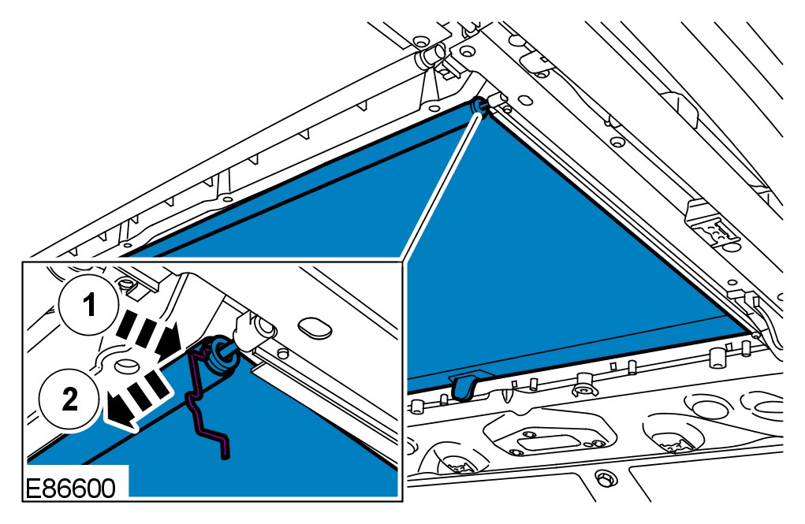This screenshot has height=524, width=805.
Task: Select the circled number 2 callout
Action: tap(70, 400)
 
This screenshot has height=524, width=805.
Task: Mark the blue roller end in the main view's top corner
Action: tap(478, 106)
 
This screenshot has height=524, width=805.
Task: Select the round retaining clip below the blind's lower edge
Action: tap(584, 387)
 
